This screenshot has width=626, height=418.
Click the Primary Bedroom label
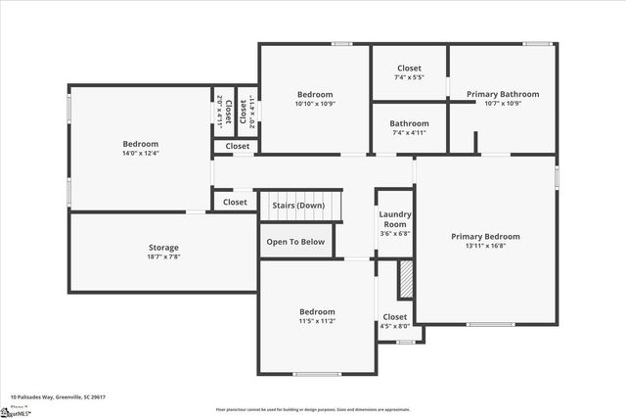coord(485,236)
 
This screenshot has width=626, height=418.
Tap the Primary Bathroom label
coord(501,94)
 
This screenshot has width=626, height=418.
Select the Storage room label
coord(163,247)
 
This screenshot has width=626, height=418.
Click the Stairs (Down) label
coord(298,206)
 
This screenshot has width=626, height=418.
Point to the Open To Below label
coord(295,241)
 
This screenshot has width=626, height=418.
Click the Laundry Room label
coord(395,218)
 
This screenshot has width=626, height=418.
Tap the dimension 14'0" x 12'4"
coord(141,154)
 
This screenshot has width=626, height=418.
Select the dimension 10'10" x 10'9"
coord(315,104)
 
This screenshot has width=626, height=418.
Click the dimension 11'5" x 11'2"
coord(317,321)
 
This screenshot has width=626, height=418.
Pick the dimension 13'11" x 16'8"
coord(485,247)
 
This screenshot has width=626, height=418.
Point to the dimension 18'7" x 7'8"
coord(163,257)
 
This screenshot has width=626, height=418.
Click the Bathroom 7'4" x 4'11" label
coord(409,124)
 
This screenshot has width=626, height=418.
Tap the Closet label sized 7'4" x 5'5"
coord(409,69)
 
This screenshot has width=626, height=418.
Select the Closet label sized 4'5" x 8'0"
coord(395,317)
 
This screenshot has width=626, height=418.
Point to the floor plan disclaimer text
coord(312,409)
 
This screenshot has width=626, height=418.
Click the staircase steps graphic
coord(300,206)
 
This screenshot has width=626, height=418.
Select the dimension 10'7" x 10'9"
coord(501,104)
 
